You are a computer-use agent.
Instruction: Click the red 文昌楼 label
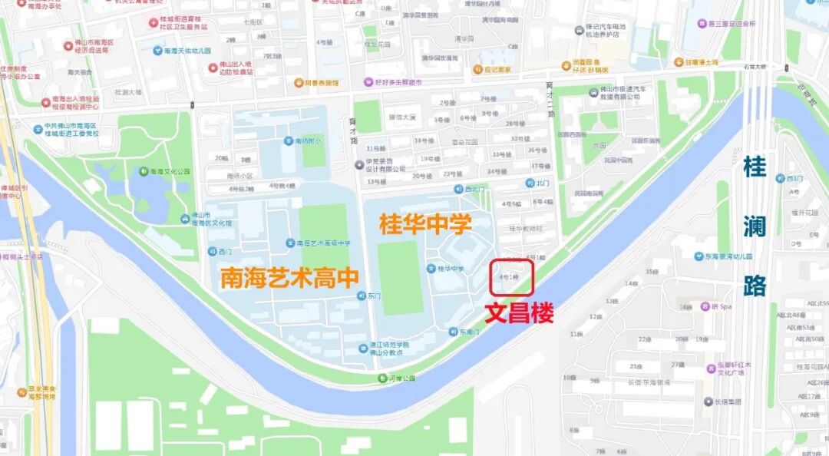pos(518,313)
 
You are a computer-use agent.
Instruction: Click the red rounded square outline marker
pos(512,277)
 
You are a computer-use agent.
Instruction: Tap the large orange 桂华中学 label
pos(424,224)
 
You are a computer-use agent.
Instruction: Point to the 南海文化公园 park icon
pos(143,171)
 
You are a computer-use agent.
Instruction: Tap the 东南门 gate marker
pos(454,332)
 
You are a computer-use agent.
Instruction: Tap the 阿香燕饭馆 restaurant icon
pos(299,82)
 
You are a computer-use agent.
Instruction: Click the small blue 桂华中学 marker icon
pos(431,269)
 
